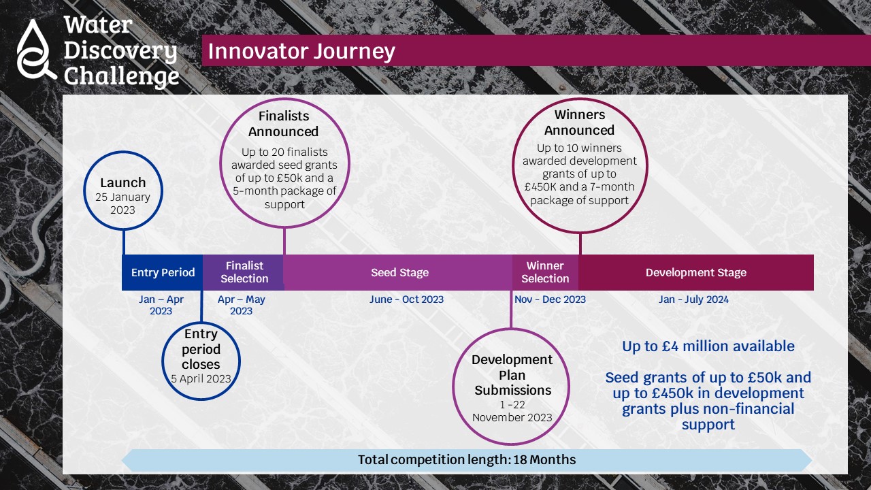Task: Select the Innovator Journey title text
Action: [x=301, y=51]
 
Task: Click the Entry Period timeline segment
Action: [x=163, y=272]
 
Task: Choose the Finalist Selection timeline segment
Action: [x=244, y=272]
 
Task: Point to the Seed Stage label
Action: [x=399, y=272]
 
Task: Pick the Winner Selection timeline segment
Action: [x=545, y=272]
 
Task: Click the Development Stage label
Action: [x=696, y=272]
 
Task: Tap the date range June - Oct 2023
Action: [x=406, y=299]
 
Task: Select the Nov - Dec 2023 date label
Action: [x=550, y=299]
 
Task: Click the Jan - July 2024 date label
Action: [x=693, y=299]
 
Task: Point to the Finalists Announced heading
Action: [x=284, y=124]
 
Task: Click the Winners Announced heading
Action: [x=579, y=122]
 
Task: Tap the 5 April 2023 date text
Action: [x=201, y=379]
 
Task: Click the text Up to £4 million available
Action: [x=708, y=346]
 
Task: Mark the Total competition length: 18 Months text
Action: [x=467, y=459]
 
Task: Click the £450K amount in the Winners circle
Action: [x=540, y=187]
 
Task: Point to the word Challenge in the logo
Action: [x=121, y=76]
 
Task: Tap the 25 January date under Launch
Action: [x=122, y=197]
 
